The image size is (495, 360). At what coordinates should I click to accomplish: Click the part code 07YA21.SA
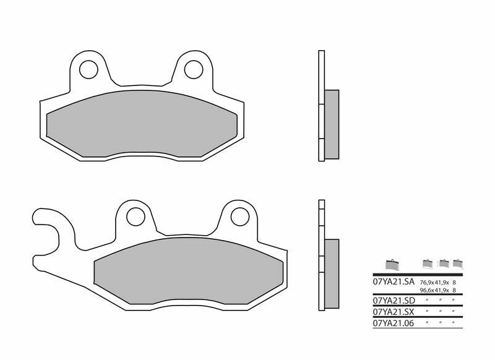[393, 281]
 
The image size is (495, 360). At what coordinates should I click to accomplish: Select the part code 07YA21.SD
[393, 301]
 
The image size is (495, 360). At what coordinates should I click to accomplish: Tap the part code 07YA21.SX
[393, 312]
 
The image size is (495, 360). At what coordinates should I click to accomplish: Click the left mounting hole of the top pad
[88, 67]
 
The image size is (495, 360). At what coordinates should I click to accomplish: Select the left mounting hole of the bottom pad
[134, 216]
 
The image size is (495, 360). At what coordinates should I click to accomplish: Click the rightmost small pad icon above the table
[458, 263]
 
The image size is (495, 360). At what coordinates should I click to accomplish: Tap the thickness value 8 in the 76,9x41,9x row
[455, 282]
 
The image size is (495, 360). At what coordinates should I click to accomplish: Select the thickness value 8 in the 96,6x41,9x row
[455, 289]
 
